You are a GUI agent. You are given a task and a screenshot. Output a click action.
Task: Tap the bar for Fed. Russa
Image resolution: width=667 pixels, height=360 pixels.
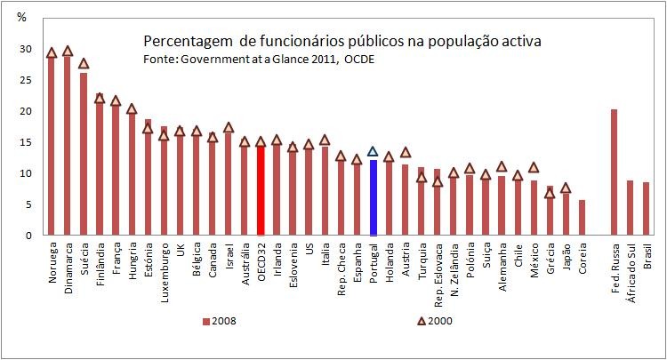click(x=614, y=172)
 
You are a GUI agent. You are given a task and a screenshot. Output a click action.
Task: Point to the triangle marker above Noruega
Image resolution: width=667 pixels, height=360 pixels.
click(x=52, y=53)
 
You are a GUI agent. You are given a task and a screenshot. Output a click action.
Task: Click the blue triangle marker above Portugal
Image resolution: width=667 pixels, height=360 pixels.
click(x=374, y=151)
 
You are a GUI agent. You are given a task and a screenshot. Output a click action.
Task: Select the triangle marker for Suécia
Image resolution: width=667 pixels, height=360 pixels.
click(x=84, y=63)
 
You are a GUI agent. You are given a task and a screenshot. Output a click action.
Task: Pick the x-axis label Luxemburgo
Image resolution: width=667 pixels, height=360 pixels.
click(x=165, y=268)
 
